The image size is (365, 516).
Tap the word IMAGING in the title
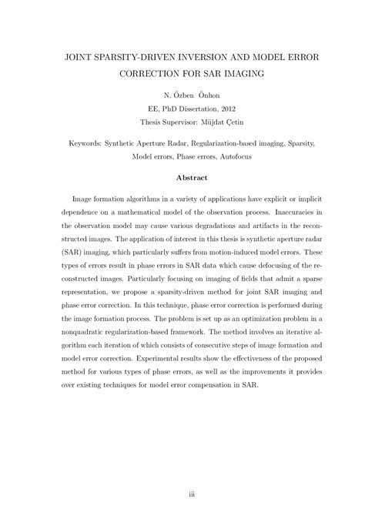click(240, 75)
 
